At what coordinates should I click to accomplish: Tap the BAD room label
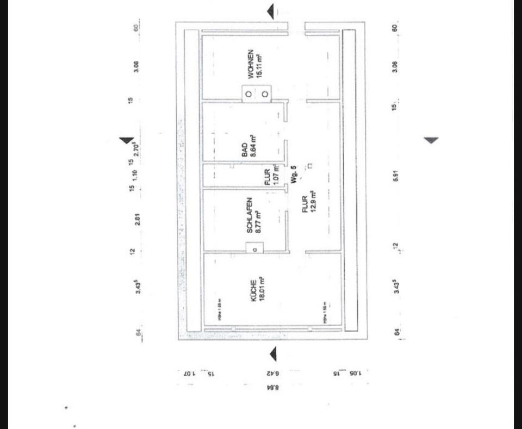245,150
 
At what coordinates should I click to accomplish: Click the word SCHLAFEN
249,215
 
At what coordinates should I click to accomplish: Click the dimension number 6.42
273,374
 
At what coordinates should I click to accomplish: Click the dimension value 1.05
354,374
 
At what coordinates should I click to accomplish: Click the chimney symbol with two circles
256,94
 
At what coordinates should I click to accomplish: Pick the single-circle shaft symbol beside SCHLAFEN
254,249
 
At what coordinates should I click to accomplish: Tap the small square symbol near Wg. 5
309,165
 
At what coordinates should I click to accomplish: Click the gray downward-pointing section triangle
431,140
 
